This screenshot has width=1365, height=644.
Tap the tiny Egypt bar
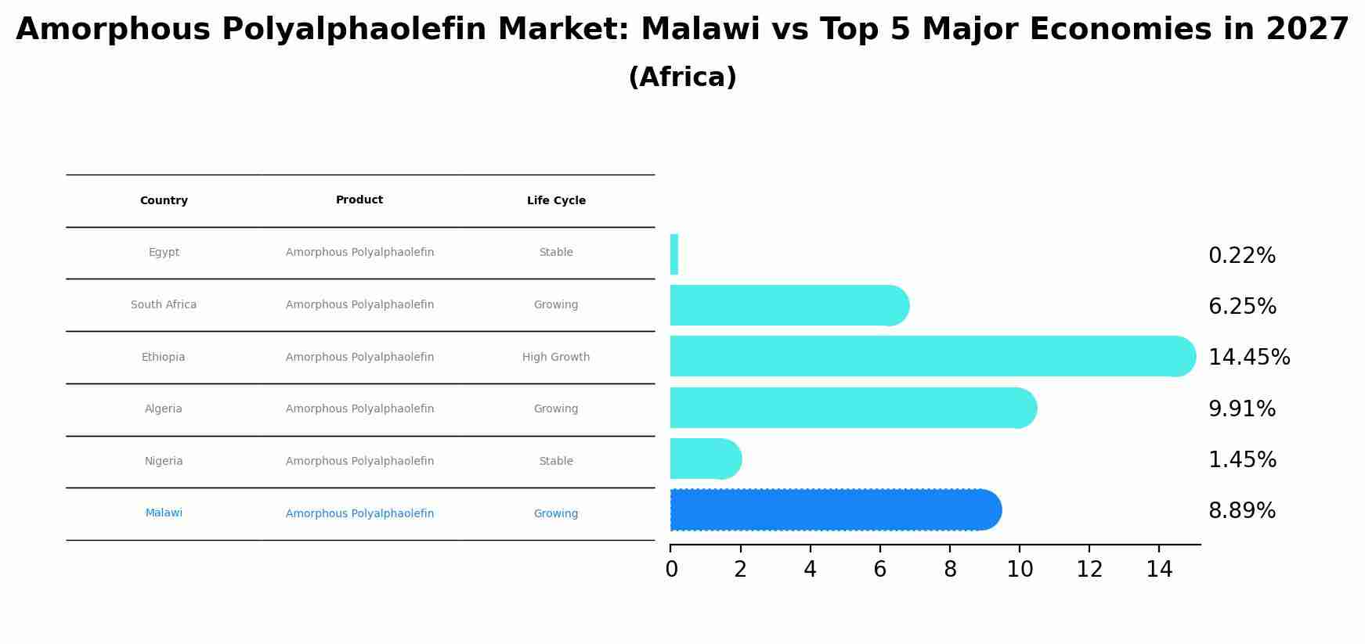673,254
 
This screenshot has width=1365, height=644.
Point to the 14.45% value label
1248,358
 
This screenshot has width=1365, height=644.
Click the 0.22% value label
1241,256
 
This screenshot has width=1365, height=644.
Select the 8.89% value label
1241,511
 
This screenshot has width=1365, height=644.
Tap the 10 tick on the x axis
1019,570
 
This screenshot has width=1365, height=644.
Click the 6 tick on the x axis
879,570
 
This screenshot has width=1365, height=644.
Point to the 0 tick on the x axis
671,570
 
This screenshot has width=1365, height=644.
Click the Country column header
164,201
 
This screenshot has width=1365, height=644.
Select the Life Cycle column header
556,201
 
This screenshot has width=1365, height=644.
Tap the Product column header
359,200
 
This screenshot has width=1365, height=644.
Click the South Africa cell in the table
164,305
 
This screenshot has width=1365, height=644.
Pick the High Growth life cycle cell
556,358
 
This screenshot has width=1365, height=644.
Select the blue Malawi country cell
164,513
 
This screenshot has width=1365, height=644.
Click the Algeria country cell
164,409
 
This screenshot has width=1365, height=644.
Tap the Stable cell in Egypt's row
556,253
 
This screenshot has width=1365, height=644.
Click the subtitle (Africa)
682,77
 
